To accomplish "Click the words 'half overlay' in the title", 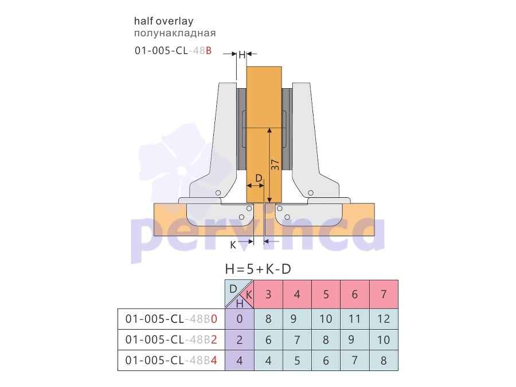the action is [x=163, y=21].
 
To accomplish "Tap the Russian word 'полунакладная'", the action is [x=175, y=33].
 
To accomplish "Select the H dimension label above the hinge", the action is [x=242, y=54].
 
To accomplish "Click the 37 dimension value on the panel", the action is [x=275, y=165].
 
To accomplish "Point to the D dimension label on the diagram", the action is [x=259, y=178].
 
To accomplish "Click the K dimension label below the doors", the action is [x=233, y=245].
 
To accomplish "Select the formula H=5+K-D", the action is [x=258, y=269].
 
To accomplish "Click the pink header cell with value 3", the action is [x=268, y=294].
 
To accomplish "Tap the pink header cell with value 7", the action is [x=384, y=294].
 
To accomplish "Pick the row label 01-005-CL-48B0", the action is [x=171, y=319].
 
